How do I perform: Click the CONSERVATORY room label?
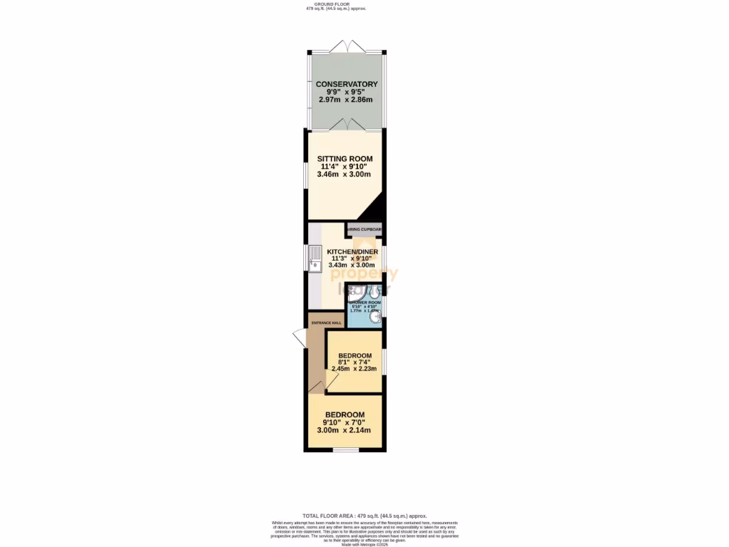point(347,84)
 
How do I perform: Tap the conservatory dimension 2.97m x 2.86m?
point(347,100)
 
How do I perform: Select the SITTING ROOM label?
point(345,159)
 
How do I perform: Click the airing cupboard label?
point(364,230)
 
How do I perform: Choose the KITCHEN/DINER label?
point(354,251)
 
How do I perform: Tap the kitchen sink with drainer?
point(315,260)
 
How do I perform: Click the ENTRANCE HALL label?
point(325,323)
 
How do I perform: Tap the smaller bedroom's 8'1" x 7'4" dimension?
point(355,362)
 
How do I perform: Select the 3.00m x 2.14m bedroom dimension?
point(345,429)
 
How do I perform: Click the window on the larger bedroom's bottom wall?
point(345,449)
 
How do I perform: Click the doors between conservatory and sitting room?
point(346,125)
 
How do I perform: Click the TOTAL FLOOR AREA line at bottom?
point(364,515)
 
